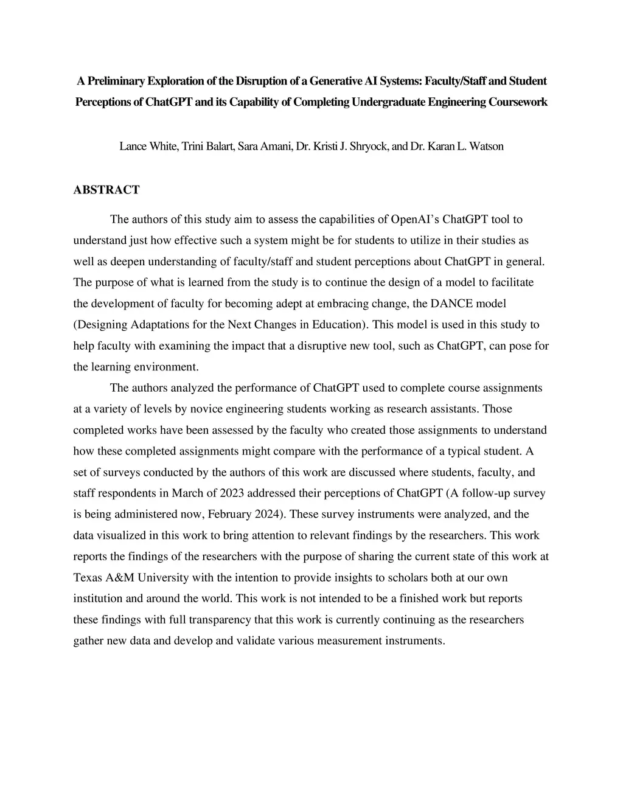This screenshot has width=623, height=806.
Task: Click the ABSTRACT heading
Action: [106, 190]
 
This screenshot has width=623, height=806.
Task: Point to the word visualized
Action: [126, 535]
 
